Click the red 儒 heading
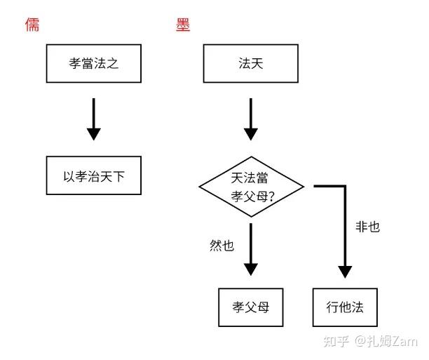32,25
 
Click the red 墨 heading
183,25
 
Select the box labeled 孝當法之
94,63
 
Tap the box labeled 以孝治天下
94,175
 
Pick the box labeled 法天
251,63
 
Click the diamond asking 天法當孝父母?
251,187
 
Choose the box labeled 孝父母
251,307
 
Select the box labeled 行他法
345,307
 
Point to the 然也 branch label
222,245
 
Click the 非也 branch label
367,227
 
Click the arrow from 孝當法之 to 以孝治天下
94,119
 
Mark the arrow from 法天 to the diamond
251,119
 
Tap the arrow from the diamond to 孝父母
251,250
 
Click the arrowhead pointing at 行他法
345,272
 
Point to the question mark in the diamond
271,196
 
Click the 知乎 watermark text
336,341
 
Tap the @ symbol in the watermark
360,341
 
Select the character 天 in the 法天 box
257,63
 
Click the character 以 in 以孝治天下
69,176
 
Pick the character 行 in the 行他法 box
332,307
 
